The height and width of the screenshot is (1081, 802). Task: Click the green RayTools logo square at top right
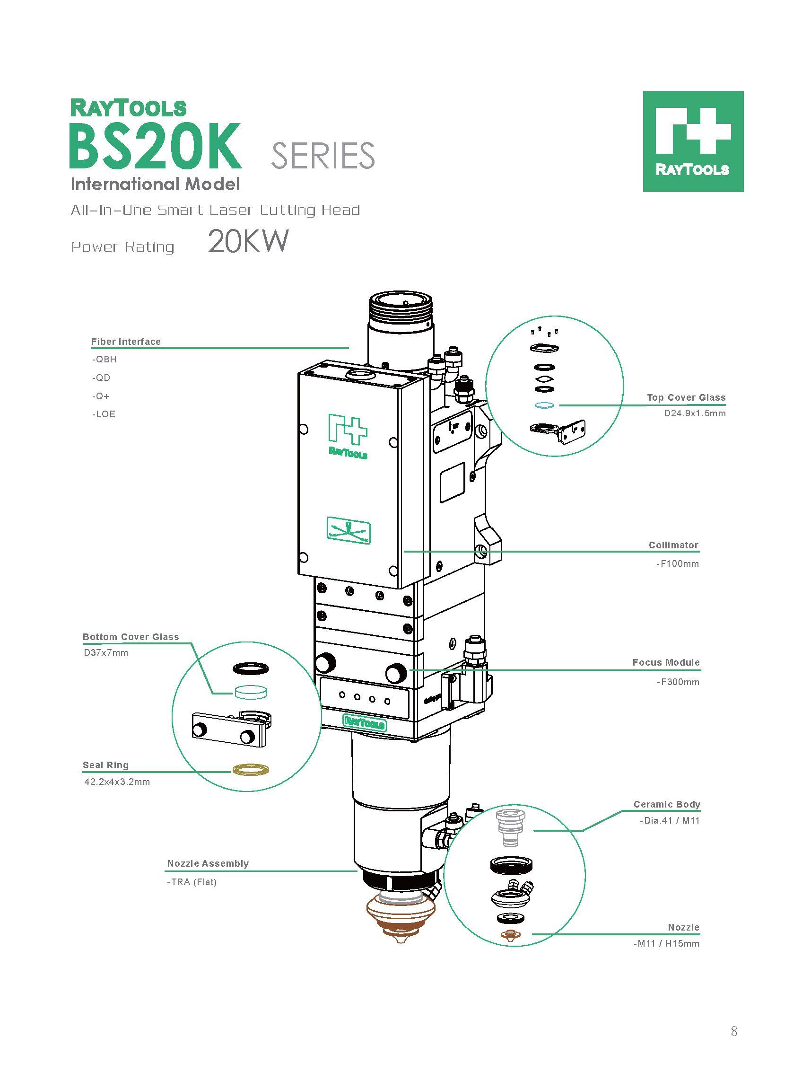coord(693,141)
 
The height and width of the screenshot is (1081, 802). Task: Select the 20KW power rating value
coord(248,241)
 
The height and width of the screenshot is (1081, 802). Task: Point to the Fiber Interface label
coord(126,342)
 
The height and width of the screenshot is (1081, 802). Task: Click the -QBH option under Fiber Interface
coord(105,360)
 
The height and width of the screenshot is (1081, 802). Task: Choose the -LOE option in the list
coord(104,414)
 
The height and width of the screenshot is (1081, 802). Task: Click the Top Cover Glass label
coord(686,397)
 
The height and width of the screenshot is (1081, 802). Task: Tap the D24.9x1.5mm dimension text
coord(695,413)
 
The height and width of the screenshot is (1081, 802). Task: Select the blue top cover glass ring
coord(545,405)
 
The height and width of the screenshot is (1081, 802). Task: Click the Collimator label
coord(673,545)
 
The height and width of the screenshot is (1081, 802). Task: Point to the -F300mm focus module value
coord(678,682)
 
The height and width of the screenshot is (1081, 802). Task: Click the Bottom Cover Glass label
coord(131,637)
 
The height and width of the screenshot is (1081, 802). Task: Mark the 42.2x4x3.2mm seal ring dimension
coord(117,782)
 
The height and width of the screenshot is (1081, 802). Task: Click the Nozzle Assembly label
coord(208,863)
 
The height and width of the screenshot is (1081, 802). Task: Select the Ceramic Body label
coord(667,804)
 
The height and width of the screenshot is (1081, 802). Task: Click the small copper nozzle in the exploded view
coord(510,934)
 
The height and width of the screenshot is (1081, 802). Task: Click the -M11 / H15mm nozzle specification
coord(666,943)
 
